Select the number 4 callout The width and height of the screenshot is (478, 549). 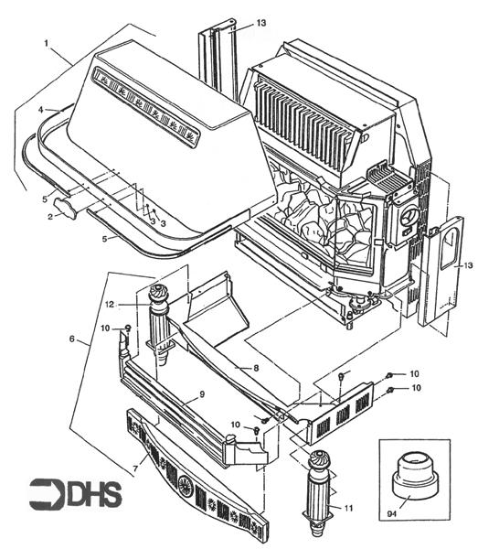40,110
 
